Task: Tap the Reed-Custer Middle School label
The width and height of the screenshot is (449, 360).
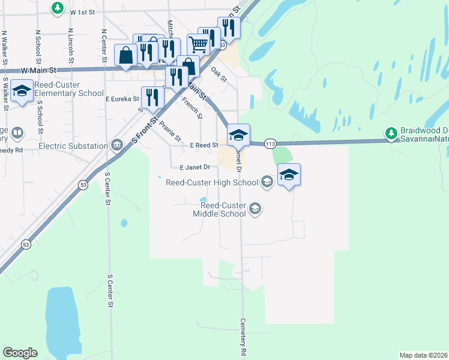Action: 219,209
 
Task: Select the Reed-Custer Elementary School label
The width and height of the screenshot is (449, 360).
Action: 69,89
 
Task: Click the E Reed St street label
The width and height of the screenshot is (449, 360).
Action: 203,145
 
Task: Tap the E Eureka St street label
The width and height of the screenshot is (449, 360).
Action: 122,99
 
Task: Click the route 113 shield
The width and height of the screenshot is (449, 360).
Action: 270,144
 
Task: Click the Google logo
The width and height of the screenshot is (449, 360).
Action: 20,353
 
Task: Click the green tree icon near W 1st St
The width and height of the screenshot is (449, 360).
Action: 57,8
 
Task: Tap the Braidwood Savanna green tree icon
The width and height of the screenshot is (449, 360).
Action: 391,133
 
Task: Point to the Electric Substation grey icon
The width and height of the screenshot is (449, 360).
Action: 116,145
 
